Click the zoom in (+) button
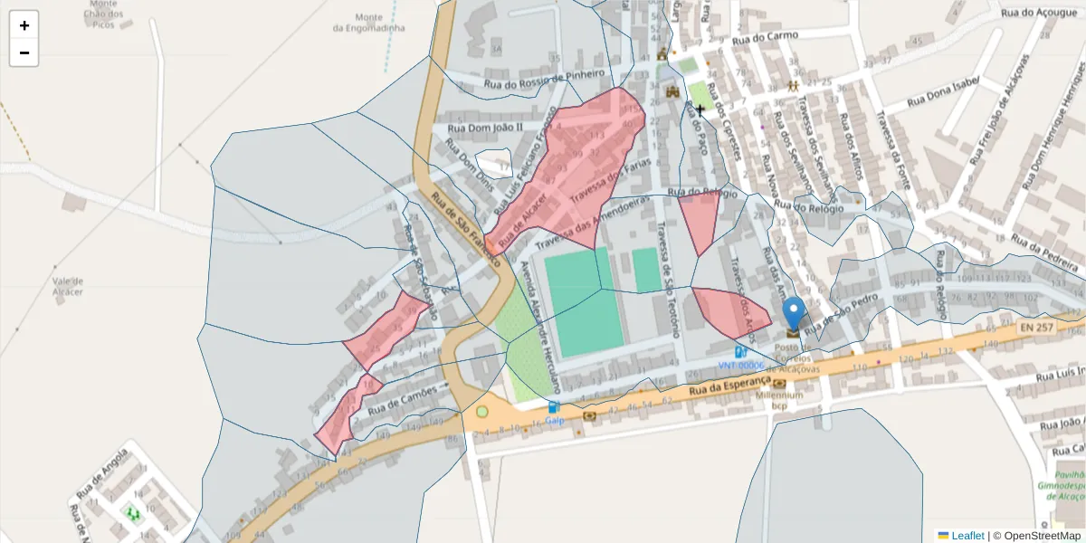point(24,25)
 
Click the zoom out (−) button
point(24,52)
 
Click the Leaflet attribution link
point(967,536)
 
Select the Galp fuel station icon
point(553,408)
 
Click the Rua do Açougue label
point(1039,13)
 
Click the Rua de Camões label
point(403,395)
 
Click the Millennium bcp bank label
point(779,400)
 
